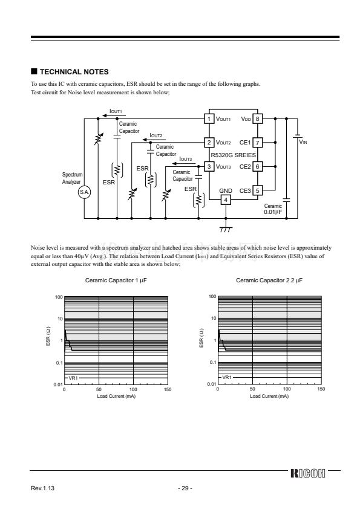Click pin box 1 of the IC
tap(209, 119)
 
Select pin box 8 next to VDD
tap(257, 119)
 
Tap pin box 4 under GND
tap(226, 200)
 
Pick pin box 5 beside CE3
tap(257, 190)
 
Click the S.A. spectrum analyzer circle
tap(85, 192)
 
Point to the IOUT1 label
tap(116, 111)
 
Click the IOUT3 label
tap(186, 159)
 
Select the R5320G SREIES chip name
tap(234, 155)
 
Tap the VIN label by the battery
tap(303, 142)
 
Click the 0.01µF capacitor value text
tap(273, 212)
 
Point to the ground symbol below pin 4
tap(226, 229)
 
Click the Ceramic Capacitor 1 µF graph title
tap(116, 280)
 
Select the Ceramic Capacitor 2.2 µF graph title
tap(269, 280)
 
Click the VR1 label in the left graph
tap(73, 378)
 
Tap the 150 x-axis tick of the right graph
tap(321, 389)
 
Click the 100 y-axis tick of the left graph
tap(59, 297)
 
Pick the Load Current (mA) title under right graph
tap(269, 396)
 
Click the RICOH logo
tap(308, 473)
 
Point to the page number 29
tap(185, 488)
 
